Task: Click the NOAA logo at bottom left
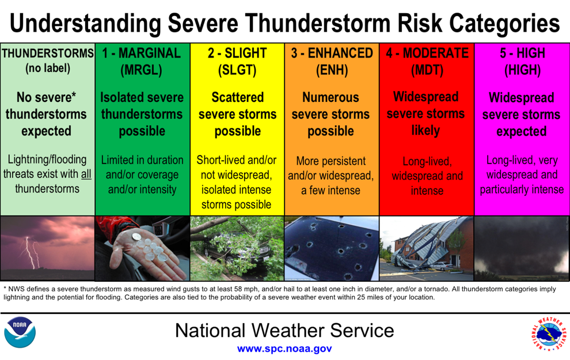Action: [x=20, y=332]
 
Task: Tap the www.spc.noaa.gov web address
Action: [x=284, y=348]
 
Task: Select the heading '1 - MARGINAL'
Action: [x=142, y=54]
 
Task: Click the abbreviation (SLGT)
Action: [x=237, y=71]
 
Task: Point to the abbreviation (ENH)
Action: [x=331, y=71]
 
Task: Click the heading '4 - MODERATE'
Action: [x=427, y=54]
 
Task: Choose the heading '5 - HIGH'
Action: [x=522, y=54]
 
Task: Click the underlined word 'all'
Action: [x=85, y=174]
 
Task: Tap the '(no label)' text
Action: [x=47, y=69]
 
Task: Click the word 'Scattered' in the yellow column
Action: [x=237, y=97]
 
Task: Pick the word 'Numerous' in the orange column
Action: [x=331, y=97]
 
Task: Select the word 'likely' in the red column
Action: [x=426, y=130]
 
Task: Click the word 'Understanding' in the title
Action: [x=85, y=24]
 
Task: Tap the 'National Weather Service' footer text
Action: [x=284, y=330]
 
